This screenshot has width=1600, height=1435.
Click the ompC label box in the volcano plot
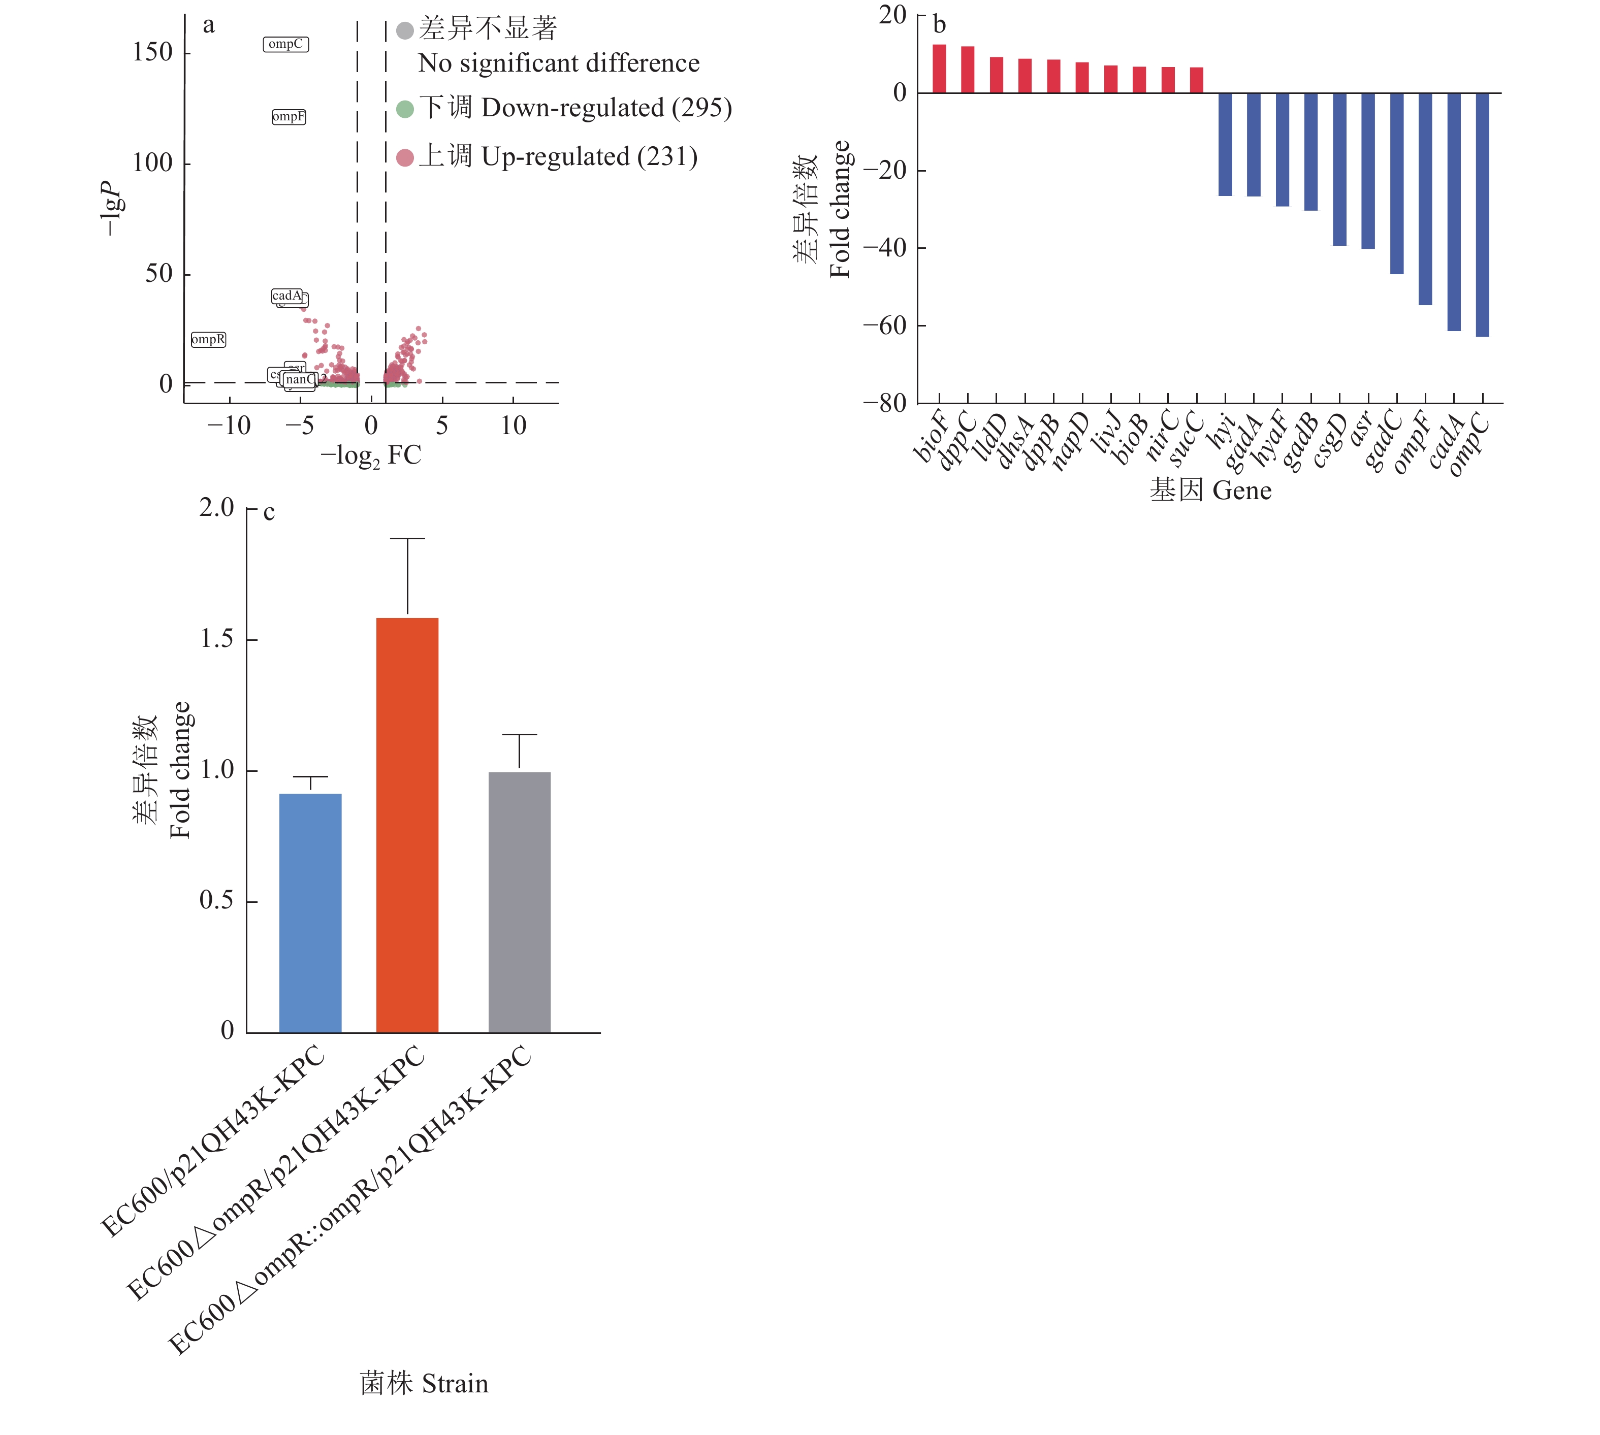click(x=285, y=44)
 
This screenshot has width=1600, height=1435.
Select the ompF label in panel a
click(x=289, y=117)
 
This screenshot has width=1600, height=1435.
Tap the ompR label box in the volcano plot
click(x=208, y=339)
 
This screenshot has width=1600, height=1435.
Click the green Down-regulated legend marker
click(x=404, y=109)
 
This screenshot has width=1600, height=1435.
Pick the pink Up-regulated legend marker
click(x=404, y=158)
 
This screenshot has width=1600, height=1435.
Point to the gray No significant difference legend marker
click(x=404, y=31)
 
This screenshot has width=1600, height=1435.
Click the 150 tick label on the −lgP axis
click(x=152, y=53)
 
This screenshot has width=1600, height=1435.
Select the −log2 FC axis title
click(x=371, y=455)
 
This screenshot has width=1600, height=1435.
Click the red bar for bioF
click(x=939, y=70)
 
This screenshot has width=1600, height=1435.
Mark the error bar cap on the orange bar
click(x=407, y=539)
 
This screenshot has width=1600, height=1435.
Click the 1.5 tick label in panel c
click(x=217, y=639)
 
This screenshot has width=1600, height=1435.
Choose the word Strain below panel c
click(x=455, y=1384)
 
